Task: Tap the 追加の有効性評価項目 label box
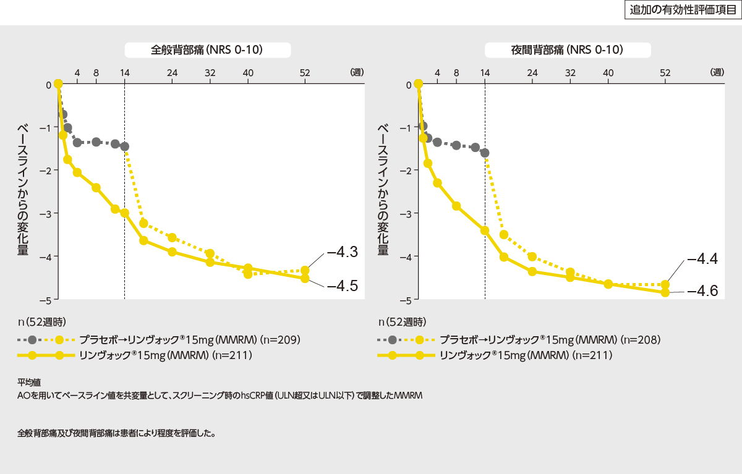(681, 11)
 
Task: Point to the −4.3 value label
(342, 252)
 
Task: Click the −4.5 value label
(342, 286)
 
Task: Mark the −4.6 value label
(702, 290)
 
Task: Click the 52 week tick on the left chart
(305, 72)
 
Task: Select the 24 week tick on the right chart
(532, 72)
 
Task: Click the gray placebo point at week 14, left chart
(124, 146)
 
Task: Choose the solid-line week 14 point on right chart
(485, 230)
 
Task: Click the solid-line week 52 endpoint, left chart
(305, 278)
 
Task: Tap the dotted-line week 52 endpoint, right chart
(665, 285)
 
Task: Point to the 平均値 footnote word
(29, 383)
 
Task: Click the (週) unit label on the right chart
(717, 72)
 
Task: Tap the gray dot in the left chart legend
(33, 339)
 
